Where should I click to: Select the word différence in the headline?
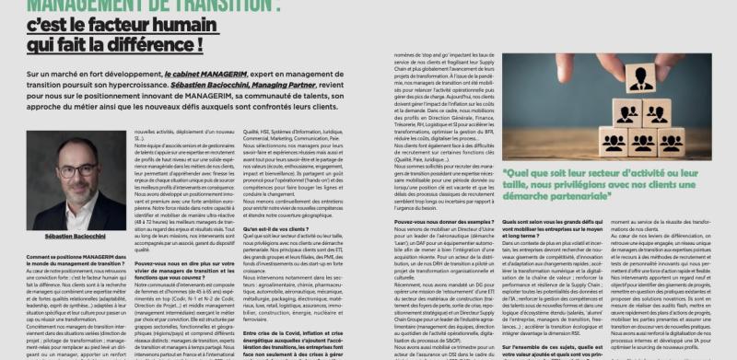[x=142, y=42]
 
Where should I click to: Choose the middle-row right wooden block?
[x=655, y=113]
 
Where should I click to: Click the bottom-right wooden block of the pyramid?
[x=672, y=141]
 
